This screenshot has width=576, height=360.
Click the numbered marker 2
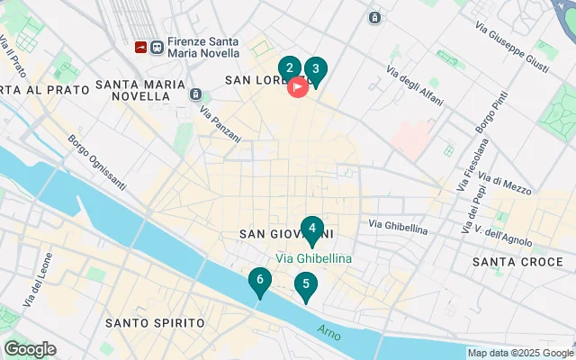pyautogui.click(x=289, y=68)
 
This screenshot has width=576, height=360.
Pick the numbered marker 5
pyautogui.click(x=306, y=286)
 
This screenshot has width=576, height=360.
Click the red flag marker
pyautogui.click(x=298, y=87)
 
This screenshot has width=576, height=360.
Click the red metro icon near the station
pyautogui.click(x=140, y=47)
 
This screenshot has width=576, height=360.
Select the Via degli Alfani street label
pyautogui.click(x=414, y=86)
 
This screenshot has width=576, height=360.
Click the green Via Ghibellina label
pyautogui.click(x=313, y=258)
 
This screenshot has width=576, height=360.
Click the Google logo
pyautogui.click(x=30, y=349)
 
